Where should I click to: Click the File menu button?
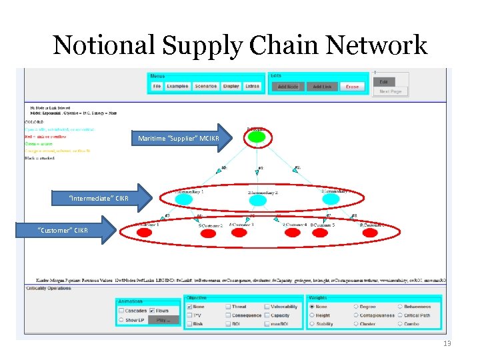point(157,86)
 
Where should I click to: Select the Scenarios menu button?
point(205,86)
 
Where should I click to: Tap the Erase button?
point(352,87)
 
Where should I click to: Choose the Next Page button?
point(391,91)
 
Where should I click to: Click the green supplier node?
point(257,138)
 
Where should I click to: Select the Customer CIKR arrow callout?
point(67,231)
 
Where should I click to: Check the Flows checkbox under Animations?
point(151,311)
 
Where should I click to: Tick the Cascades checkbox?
point(121,311)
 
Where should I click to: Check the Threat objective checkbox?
point(228,307)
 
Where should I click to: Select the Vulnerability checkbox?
point(267,307)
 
